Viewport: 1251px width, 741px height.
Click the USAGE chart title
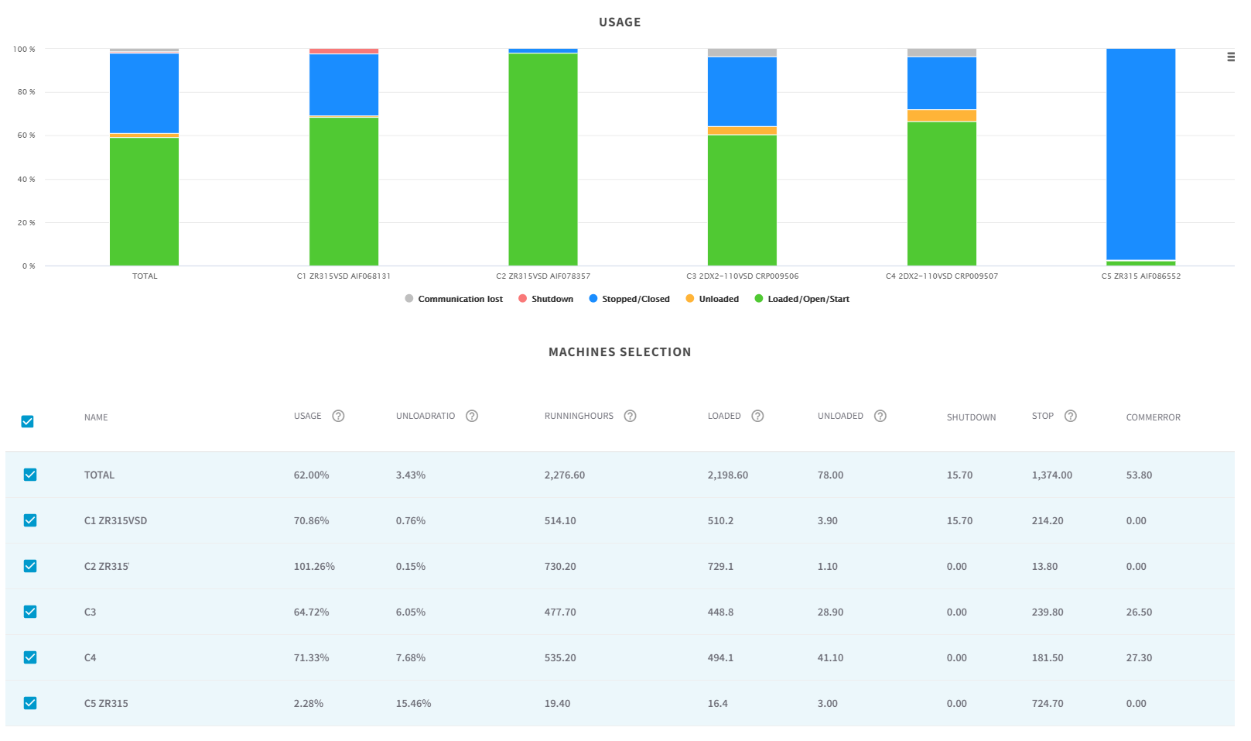coord(619,22)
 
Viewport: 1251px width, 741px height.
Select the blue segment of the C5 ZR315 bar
coord(1140,155)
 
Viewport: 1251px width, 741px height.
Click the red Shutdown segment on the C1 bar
coord(344,51)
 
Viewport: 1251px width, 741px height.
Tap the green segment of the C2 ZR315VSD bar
coord(542,159)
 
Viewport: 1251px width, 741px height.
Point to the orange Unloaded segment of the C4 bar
coord(942,115)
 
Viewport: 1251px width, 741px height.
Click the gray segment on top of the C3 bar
coord(742,53)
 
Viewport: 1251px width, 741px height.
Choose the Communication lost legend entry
coord(460,299)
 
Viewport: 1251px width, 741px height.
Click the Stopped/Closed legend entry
coord(635,299)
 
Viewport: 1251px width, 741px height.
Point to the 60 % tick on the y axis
coord(24,136)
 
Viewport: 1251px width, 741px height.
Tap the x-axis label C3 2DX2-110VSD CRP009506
coord(742,276)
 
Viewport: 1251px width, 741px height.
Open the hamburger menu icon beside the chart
coord(1230,57)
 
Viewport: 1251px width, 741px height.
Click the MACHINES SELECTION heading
coord(619,352)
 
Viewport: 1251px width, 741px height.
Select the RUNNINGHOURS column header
coord(579,417)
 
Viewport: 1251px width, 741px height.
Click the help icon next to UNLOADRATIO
coord(472,417)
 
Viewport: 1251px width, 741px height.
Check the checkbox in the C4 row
coord(30,657)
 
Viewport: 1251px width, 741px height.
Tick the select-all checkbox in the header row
coord(28,421)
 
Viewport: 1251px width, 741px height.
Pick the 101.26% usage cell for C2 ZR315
coord(314,567)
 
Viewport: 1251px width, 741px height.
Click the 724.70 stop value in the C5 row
coord(1047,704)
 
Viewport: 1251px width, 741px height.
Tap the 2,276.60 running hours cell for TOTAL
coord(564,475)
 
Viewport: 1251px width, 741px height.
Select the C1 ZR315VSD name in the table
coord(115,521)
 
